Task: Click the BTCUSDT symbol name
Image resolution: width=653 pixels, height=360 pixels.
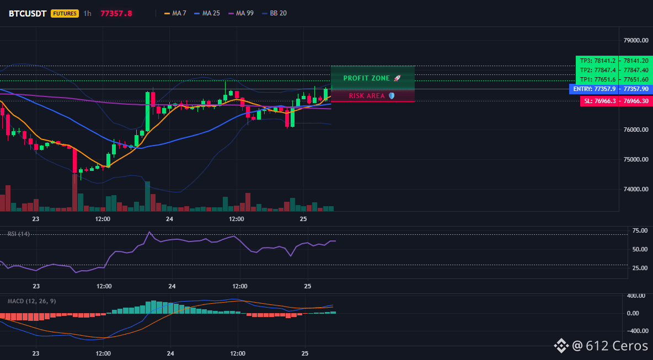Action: point(28,13)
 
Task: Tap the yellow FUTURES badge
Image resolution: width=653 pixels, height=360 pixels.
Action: point(65,13)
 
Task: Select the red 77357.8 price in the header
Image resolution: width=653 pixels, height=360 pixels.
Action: point(116,13)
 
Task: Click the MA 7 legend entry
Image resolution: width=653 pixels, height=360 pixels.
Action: point(175,13)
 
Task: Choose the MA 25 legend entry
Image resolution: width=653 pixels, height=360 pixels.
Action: point(207,13)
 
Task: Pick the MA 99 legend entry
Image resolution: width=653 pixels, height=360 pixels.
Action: point(241,13)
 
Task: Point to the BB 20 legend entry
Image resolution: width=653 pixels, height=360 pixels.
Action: point(275,13)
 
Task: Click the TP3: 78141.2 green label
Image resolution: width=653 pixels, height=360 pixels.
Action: point(597,61)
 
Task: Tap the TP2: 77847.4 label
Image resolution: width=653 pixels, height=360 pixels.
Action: point(597,70)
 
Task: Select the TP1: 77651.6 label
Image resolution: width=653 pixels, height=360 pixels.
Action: point(597,79)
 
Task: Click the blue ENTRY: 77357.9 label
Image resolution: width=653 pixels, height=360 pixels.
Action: point(593,89)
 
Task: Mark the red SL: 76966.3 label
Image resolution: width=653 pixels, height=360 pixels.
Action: point(599,101)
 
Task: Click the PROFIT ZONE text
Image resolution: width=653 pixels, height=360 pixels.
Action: point(366,78)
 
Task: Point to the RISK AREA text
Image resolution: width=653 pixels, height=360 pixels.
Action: point(367,96)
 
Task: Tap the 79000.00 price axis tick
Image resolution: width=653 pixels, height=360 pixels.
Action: point(636,40)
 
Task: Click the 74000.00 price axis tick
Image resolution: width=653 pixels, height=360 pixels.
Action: point(636,189)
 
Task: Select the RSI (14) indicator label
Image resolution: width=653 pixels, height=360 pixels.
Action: point(19,234)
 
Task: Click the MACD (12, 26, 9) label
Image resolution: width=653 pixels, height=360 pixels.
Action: point(31,301)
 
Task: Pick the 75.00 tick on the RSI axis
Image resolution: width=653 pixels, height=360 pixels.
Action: point(640,230)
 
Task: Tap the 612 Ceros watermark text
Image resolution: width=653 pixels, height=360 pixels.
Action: point(610,346)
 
